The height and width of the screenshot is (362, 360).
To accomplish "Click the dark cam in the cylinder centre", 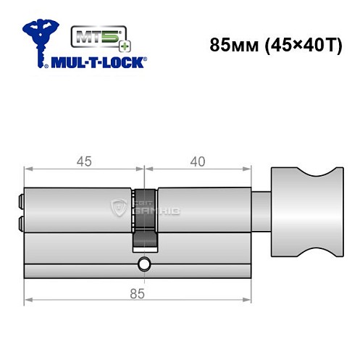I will tap(144, 217).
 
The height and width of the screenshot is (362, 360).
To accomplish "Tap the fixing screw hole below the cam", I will tap(144, 266).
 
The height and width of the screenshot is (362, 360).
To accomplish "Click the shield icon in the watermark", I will tap(119, 210).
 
